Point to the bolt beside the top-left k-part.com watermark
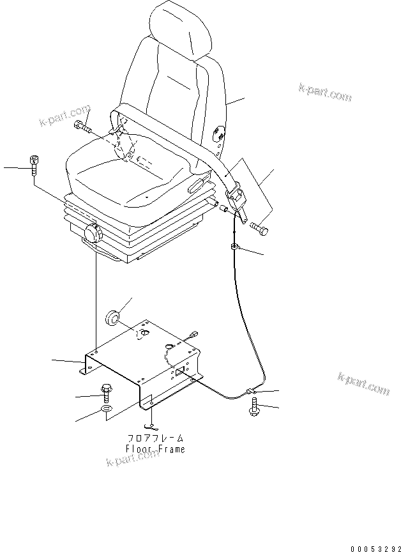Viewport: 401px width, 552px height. click(x=82, y=127)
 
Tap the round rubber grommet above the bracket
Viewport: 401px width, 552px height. click(x=114, y=316)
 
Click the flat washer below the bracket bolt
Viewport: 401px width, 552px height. click(x=106, y=409)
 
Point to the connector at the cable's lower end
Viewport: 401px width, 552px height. click(x=251, y=390)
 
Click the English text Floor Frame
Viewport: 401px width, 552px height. click(x=156, y=449)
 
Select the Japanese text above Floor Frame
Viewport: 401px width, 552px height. click(x=156, y=439)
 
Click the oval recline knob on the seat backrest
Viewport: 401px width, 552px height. click(x=218, y=132)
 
